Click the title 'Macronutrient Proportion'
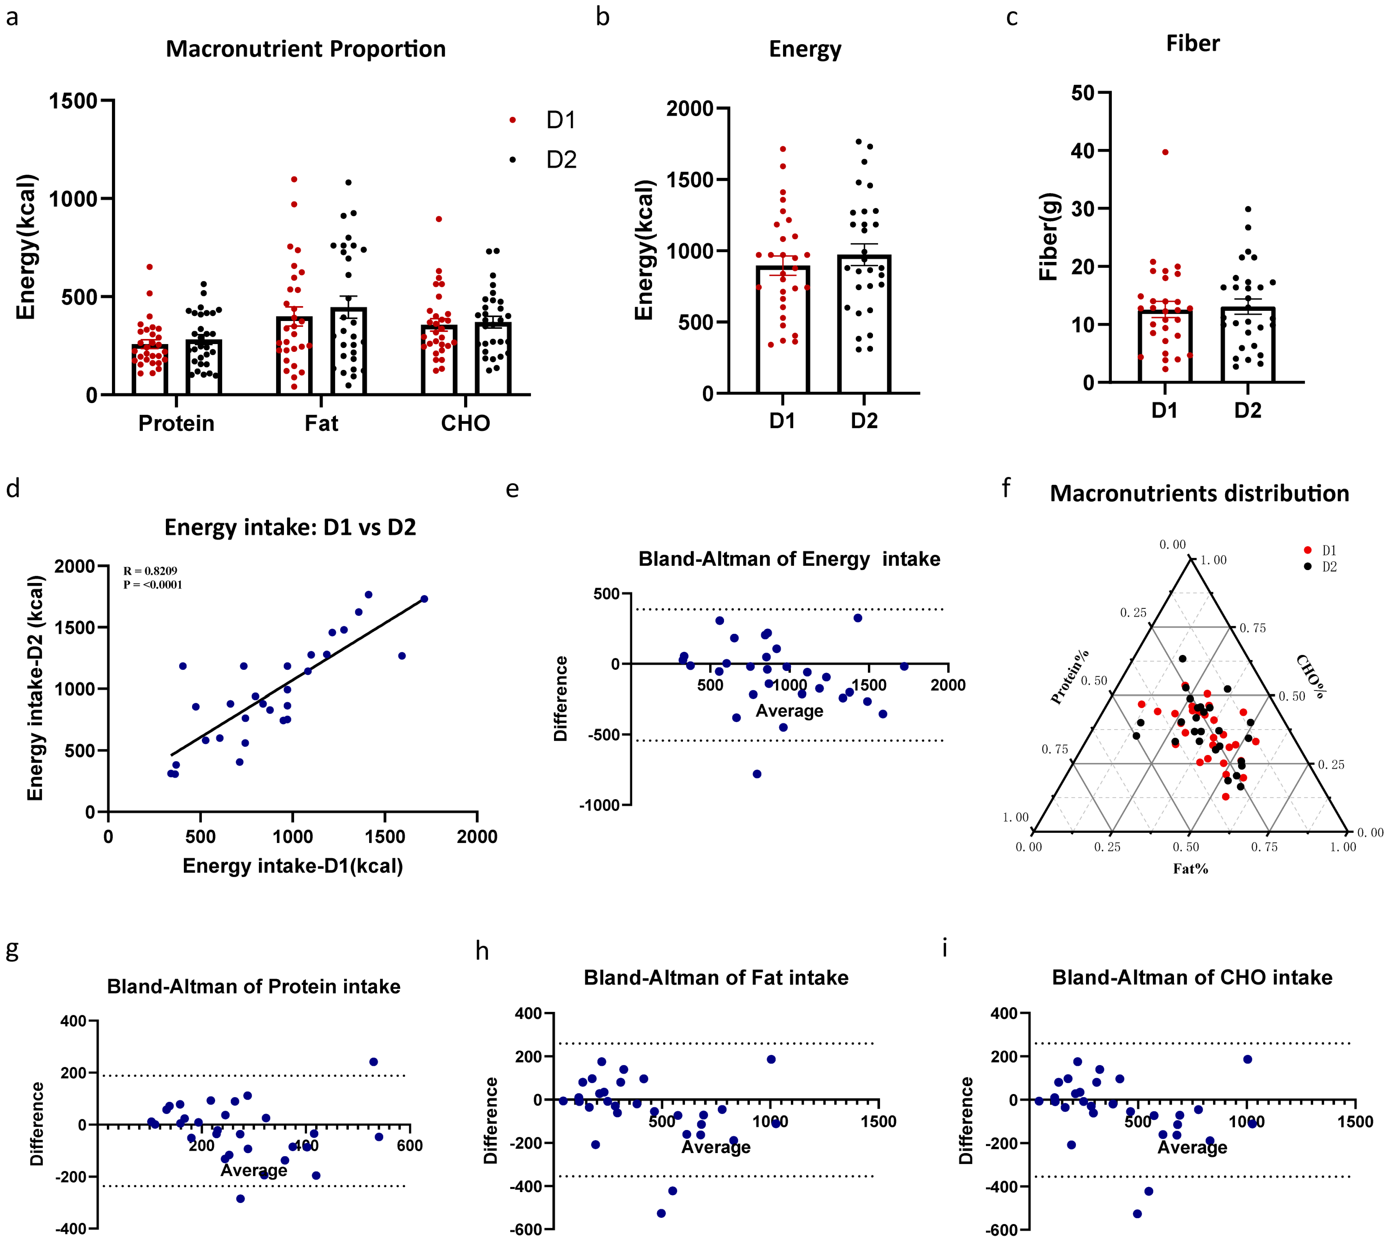click(305, 49)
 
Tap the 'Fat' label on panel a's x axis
click(321, 423)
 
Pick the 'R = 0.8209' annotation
click(150, 571)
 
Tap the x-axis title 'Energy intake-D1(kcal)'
click(292, 866)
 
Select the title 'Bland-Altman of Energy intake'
click(788, 559)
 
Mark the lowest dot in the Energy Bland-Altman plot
click(757, 774)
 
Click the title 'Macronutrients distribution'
click(1199, 493)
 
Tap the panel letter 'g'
click(12, 949)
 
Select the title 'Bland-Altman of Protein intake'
click(253, 986)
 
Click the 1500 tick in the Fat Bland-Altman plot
click(878, 1121)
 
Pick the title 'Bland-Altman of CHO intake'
click(1192, 977)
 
